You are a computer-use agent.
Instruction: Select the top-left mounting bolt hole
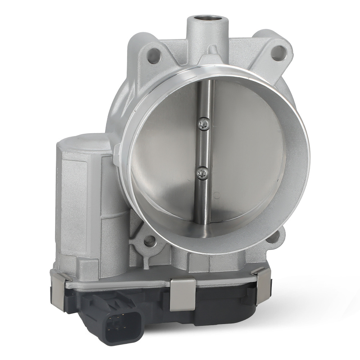point(154,57)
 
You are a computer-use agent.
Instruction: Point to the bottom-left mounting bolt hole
point(149,240)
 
